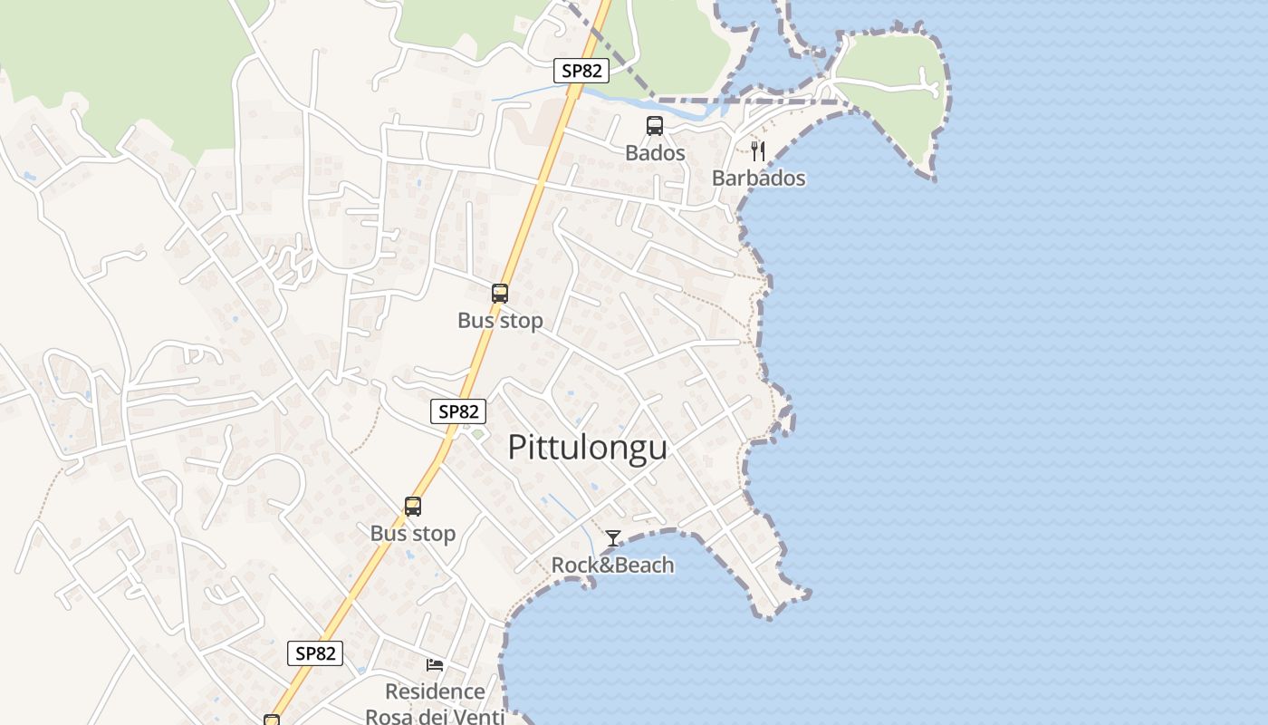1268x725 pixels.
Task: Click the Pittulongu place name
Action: click(x=587, y=448)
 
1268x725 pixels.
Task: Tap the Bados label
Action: click(x=655, y=153)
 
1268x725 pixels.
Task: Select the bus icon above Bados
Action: click(x=655, y=126)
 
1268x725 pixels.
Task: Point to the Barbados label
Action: click(x=758, y=178)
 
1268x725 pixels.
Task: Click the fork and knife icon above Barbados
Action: click(x=758, y=150)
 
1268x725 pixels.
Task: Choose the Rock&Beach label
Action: click(x=613, y=565)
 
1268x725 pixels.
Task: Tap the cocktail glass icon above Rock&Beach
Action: click(x=613, y=538)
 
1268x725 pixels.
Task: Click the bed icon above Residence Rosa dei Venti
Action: click(x=435, y=664)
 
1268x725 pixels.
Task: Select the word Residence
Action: click(x=435, y=691)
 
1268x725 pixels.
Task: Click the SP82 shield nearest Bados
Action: click(x=581, y=71)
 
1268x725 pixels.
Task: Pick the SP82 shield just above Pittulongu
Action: click(x=457, y=411)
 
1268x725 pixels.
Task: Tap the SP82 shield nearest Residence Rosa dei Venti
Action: click(x=315, y=652)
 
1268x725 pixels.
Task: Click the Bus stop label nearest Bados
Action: click(x=500, y=321)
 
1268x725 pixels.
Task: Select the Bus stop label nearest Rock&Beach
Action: click(x=413, y=534)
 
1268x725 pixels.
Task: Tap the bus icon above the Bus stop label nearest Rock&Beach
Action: click(x=413, y=507)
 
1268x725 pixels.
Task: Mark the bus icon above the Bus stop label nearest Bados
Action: click(x=500, y=294)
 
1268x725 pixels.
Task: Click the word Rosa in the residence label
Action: click(x=389, y=716)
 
